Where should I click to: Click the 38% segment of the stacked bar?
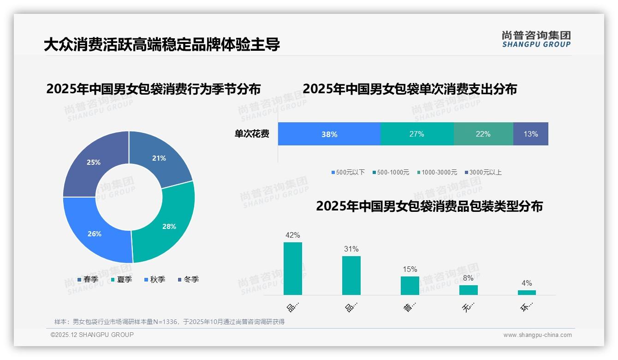click(329, 134)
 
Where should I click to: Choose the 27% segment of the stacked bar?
click(417, 134)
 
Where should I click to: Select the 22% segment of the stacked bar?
click(483, 134)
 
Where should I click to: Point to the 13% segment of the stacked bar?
click(530, 134)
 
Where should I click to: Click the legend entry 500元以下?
click(348, 173)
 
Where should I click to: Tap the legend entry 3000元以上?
click(483, 173)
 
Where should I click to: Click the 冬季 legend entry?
click(188, 280)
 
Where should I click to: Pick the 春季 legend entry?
click(88, 280)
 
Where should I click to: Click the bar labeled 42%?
click(293, 269)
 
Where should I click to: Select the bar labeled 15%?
click(410, 286)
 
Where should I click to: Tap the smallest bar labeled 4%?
click(527, 293)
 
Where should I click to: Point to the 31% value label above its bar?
click(351, 249)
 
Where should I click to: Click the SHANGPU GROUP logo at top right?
click(536, 39)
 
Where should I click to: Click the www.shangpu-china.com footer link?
click(537, 335)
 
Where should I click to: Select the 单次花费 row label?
click(252, 134)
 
